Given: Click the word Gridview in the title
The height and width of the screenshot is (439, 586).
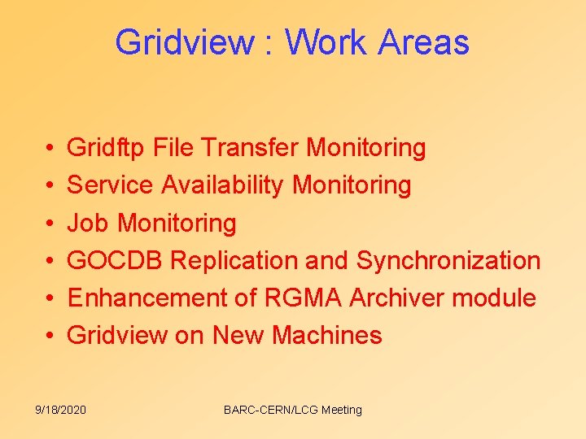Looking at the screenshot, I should pos(184,42).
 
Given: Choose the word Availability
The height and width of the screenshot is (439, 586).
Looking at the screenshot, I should pos(223,185).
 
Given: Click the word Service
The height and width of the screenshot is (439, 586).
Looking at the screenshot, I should pos(110,185).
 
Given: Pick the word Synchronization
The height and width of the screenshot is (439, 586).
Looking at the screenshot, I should pos(448,260).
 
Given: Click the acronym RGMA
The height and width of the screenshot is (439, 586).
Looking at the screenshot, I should pos(303,298).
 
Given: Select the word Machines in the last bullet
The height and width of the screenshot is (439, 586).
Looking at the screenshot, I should pos(327,335).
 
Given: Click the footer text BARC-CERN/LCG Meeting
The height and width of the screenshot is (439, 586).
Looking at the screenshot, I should pos(292,410).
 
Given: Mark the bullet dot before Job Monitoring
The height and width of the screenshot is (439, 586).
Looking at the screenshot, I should pos(40,224).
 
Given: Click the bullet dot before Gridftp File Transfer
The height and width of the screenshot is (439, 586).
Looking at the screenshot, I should pos(40,149).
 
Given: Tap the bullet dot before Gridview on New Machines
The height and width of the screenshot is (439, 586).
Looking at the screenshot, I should pos(40,336).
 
